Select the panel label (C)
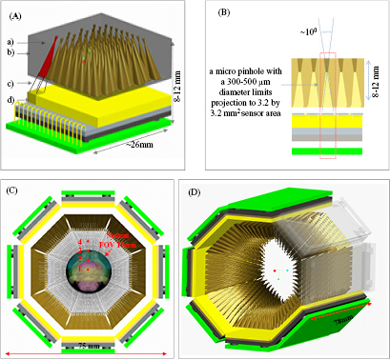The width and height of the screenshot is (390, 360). tap(12, 191)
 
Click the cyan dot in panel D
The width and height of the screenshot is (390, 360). tap(288, 271)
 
